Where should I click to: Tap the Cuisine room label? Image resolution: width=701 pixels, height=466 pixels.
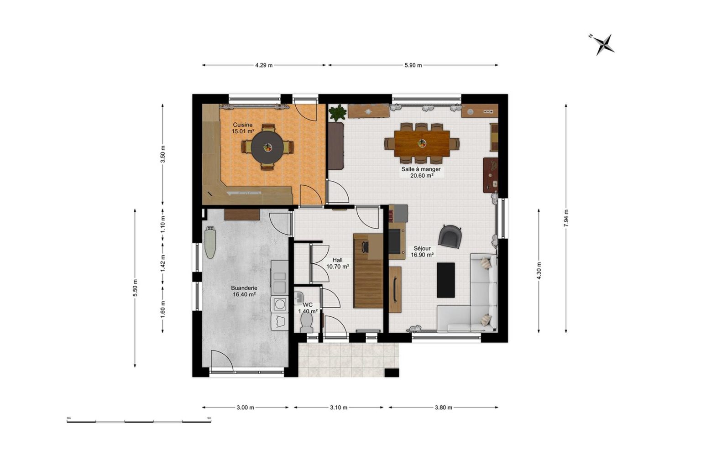click(x=242, y=125)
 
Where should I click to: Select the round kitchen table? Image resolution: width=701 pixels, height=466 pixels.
click(x=267, y=147)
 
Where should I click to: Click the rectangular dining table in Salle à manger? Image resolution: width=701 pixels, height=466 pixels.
click(x=422, y=143)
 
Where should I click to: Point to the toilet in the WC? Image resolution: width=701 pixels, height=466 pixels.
click(x=306, y=323)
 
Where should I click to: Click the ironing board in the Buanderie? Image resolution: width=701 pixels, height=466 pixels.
click(x=210, y=242)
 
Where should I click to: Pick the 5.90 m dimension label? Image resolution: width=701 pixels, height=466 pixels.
click(x=413, y=65)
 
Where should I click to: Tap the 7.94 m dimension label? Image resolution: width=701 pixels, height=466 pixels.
click(x=566, y=218)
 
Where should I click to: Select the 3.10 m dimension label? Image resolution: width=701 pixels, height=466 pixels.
click(x=339, y=408)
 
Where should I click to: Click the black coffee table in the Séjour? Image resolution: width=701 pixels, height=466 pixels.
click(x=445, y=280)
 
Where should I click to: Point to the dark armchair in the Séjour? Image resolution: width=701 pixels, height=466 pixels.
click(x=450, y=236)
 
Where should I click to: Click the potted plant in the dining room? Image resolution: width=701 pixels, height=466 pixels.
click(x=338, y=112)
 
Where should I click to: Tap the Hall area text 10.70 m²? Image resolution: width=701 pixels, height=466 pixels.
click(x=338, y=267)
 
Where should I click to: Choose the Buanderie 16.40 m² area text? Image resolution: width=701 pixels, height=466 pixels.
click(x=244, y=294)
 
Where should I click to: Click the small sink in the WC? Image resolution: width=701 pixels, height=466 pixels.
click(x=298, y=297)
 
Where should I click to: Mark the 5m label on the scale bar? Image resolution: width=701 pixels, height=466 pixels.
click(x=209, y=418)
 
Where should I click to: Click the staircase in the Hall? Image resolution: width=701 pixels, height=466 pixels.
click(x=368, y=271)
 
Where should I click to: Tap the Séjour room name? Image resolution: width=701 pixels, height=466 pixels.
click(x=422, y=248)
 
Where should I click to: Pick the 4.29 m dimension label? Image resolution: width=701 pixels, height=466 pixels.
click(x=264, y=65)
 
